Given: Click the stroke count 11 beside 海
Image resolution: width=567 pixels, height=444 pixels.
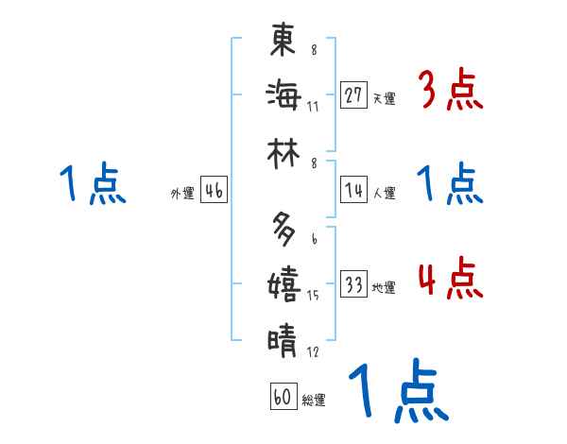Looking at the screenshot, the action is point(313,106).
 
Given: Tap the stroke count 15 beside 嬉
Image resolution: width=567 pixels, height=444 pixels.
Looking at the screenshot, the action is point(313,296).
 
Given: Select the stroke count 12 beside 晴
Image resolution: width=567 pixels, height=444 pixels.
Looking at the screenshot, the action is point(313,352).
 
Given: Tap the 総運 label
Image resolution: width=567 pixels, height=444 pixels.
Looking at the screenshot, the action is point(314,401).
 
